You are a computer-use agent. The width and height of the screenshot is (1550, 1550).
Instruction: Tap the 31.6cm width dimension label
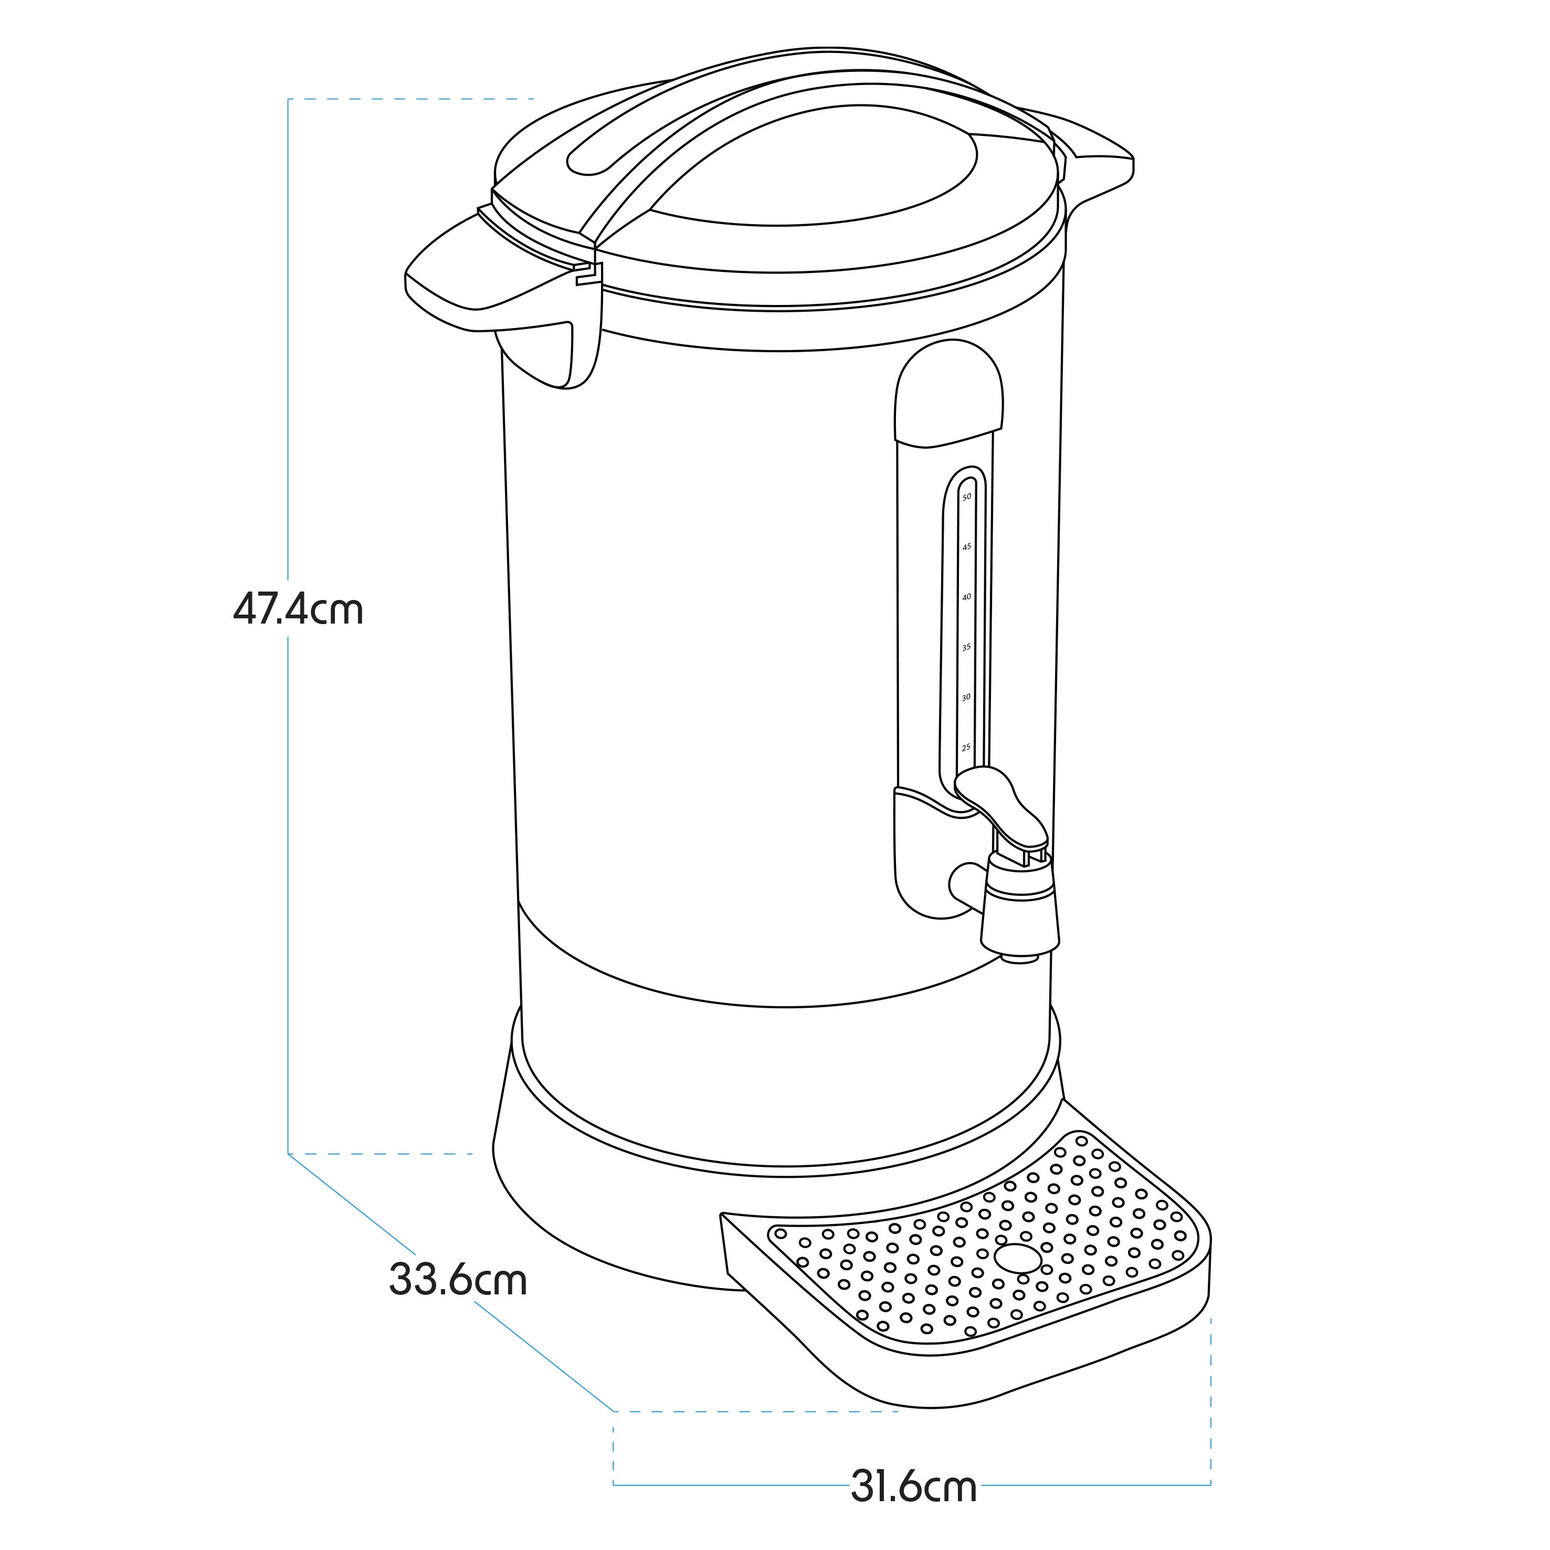[x=914, y=1488]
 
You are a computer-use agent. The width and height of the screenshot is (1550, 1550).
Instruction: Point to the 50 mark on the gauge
[x=967, y=497]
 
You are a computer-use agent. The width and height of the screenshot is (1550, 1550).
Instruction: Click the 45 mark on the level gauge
[x=967, y=546]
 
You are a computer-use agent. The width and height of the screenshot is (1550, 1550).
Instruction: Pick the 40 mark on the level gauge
[x=967, y=597]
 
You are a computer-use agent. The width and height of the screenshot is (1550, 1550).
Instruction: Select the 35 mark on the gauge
[x=967, y=647]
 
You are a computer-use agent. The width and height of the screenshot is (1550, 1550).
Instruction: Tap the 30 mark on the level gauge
[x=967, y=697]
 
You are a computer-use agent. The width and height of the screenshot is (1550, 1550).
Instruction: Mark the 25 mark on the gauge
[x=966, y=747]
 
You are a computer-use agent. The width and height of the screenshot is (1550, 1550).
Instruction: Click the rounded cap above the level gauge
[x=949, y=393]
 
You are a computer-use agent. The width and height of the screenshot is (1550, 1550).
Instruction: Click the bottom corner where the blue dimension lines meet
[x=614, y=1411]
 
